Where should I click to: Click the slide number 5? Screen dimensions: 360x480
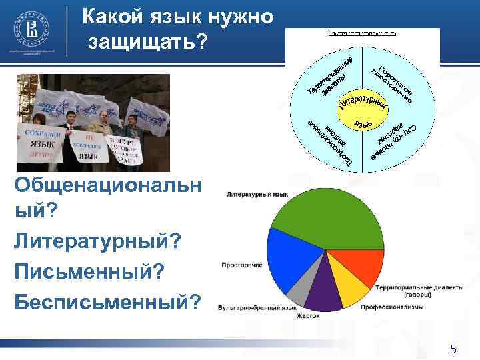coord(453,349)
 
